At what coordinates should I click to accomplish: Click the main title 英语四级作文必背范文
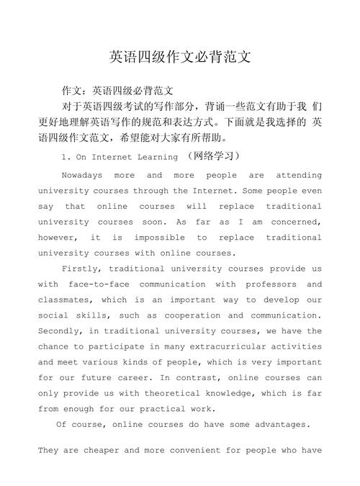pyautogui.click(x=180, y=56)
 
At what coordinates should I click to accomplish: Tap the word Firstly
pyautogui.click(x=84, y=269)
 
